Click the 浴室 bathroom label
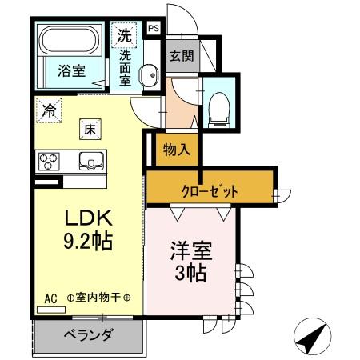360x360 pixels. coord(70,71)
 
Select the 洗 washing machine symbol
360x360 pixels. coord(125,35)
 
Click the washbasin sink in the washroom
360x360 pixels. coord(149,76)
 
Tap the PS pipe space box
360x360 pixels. coord(154,30)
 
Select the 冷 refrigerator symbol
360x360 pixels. coord(49,110)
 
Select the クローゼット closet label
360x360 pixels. coord(210,192)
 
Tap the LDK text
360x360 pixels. coord(80,218)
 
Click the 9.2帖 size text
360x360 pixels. coord(80,239)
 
